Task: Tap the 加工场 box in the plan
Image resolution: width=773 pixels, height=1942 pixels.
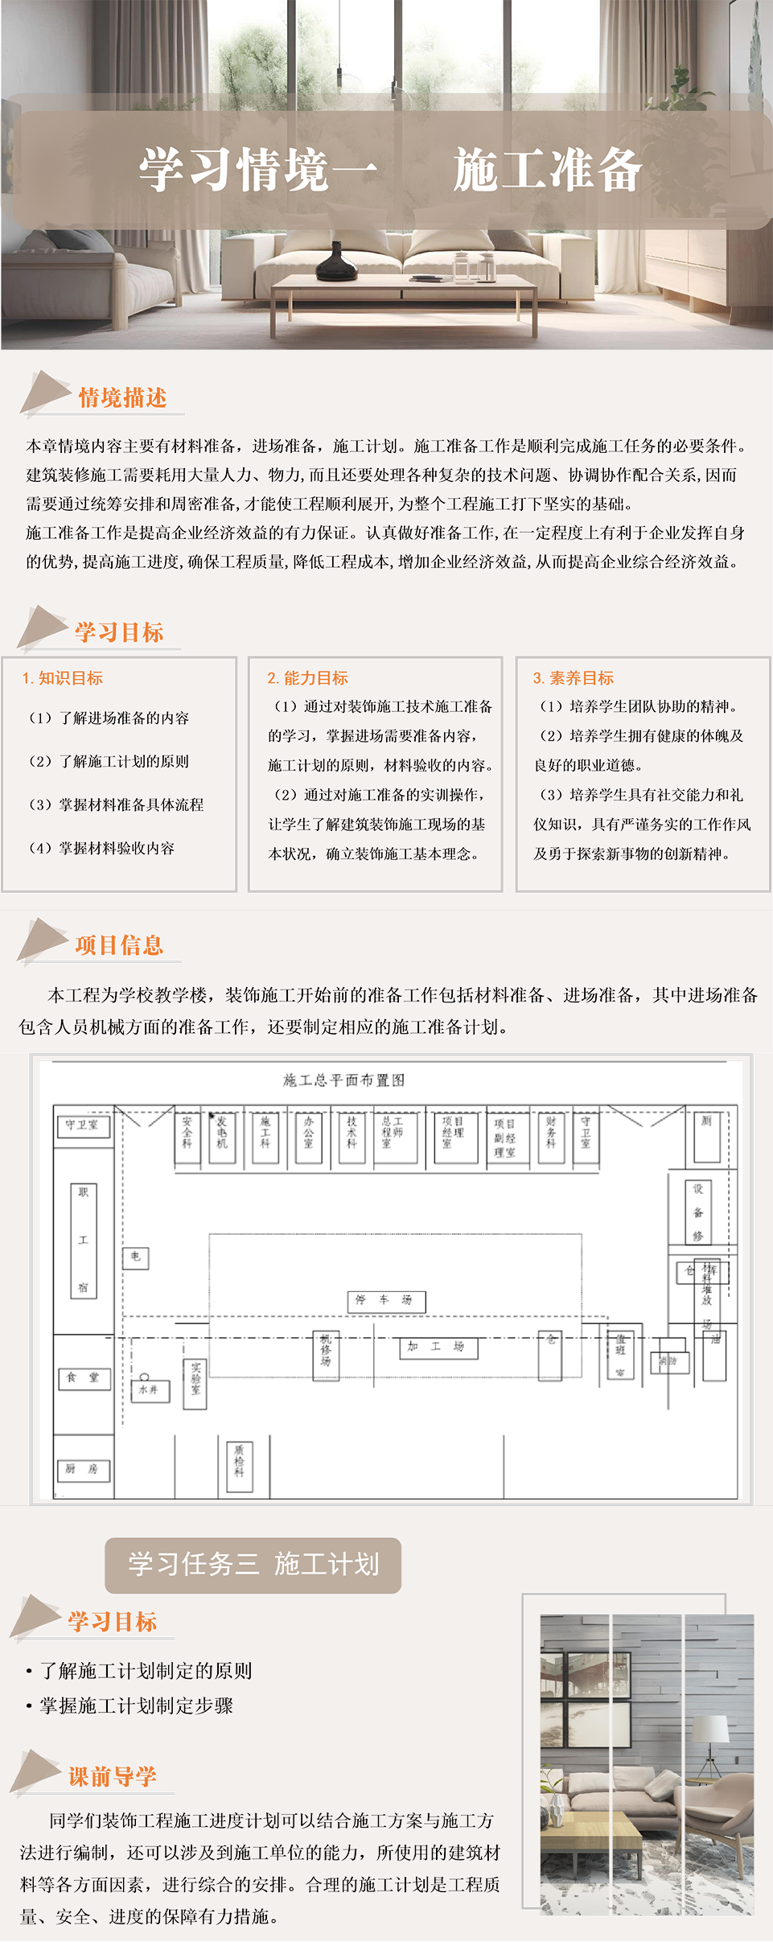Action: pyautogui.click(x=438, y=1347)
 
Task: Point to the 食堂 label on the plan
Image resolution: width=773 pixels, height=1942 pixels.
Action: pyautogui.click(x=84, y=1378)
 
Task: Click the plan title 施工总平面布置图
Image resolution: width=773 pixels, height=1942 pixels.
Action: pyautogui.click(x=343, y=1080)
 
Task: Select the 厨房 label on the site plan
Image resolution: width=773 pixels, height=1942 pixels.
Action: pyautogui.click(x=83, y=1469)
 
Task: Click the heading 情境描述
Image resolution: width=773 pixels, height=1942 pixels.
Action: pyautogui.click(x=122, y=397)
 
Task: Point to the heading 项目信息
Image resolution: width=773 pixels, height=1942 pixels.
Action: pyautogui.click(x=119, y=945)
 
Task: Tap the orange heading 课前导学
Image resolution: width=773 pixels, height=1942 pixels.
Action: pyautogui.click(x=113, y=1776)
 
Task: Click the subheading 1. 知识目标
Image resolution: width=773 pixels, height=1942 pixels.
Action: pyautogui.click(x=63, y=678)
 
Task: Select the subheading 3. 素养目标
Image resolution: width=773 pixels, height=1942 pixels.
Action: pyautogui.click(x=574, y=678)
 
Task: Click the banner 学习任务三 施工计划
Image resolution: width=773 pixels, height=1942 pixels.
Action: pyautogui.click(x=253, y=1565)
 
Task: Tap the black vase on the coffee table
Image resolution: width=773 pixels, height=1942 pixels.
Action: pyautogui.click(x=336, y=261)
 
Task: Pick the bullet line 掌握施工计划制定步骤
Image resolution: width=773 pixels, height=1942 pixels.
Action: pyautogui.click(x=136, y=1705)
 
